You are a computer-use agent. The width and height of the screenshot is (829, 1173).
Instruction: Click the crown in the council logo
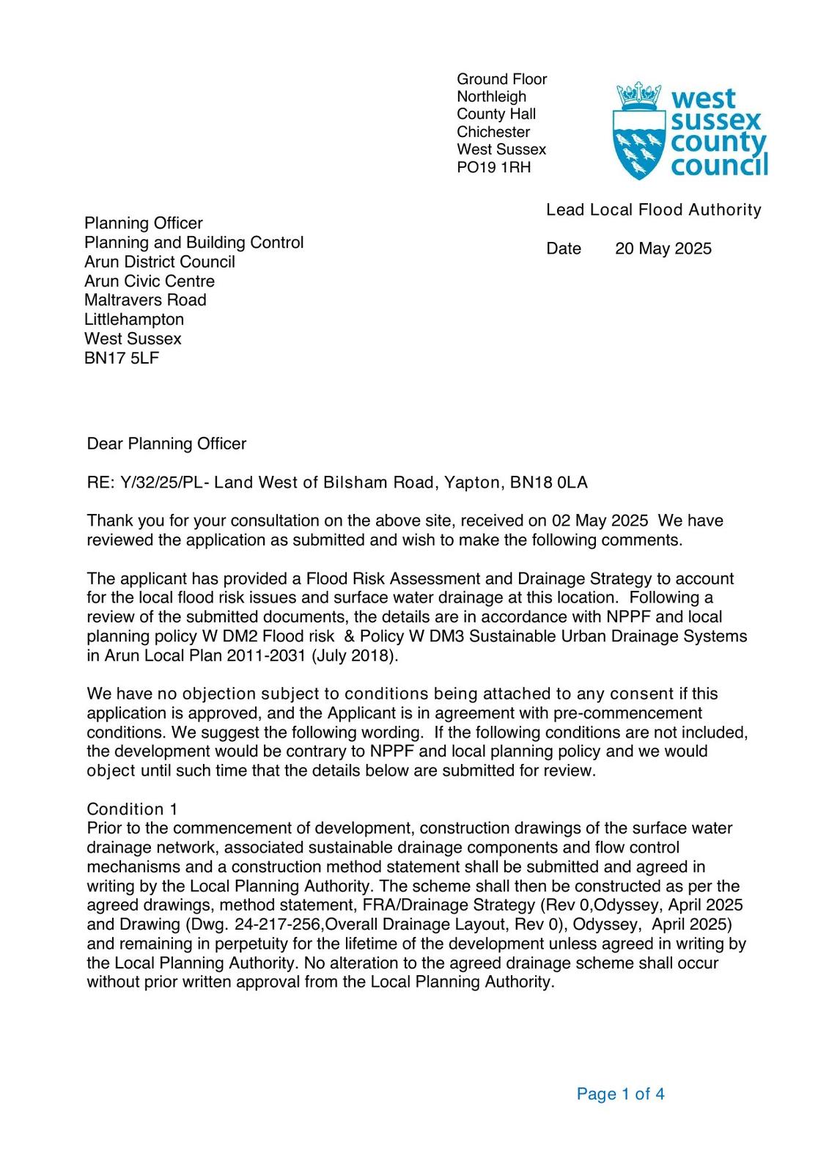tap(639, 95)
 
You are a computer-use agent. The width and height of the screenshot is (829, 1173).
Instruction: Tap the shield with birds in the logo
tap(638, 146)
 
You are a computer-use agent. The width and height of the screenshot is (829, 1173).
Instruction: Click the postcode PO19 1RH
tap(493, 167)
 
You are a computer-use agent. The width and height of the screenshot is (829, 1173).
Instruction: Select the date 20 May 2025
tap(663, 249)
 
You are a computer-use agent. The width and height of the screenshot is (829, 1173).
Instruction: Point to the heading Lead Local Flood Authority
tap(653, 210)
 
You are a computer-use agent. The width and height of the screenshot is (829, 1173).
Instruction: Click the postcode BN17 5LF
tap(122, 358)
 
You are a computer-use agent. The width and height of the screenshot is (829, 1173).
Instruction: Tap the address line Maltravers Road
tap(145, 300)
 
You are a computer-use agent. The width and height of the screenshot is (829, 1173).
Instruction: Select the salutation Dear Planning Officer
tap(166, 444)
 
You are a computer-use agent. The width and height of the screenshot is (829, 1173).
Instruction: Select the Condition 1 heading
tap(132, 809)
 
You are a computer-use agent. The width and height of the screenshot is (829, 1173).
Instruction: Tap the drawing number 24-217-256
tap(278, 924)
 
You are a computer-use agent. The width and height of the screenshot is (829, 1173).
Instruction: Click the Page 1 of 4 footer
tap(620, 1094)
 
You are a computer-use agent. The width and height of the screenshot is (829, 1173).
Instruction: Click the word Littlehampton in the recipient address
tap(134, 320)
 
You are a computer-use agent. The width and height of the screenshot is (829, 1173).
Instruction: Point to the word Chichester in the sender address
tap(493, 132)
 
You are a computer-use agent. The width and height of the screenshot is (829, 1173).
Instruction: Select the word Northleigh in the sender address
tap(491, 97)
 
